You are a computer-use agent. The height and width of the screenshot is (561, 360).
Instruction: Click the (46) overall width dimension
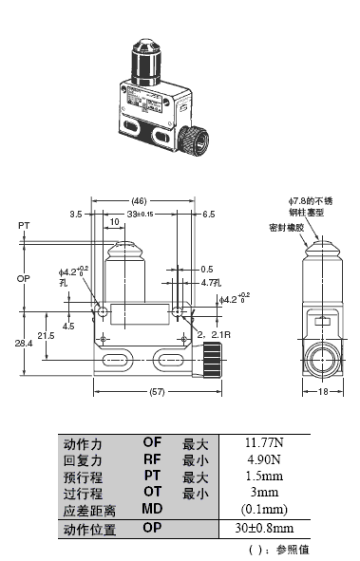tap(139, 201)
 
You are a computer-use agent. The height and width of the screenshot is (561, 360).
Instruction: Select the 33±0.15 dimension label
tap(140, 215)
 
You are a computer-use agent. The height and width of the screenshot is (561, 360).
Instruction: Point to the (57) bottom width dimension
tap(157, 392)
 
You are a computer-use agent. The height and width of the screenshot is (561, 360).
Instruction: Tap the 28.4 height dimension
tap(24, 344)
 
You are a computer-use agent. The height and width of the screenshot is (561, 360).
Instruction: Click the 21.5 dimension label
tap(47, 336)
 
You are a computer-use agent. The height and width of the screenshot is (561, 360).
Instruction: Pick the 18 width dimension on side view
tap(323, 391)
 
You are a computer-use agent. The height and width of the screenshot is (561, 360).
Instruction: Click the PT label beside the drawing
tap(24, 226)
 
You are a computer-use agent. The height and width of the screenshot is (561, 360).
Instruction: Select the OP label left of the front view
tap(23, 278)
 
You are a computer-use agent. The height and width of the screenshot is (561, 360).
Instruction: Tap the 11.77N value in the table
tap(264, 443)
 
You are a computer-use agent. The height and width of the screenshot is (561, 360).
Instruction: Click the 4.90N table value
tap(264, 459)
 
